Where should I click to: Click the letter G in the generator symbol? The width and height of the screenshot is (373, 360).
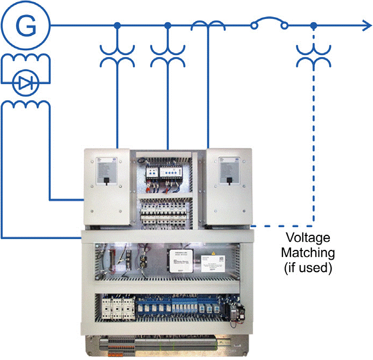[x=25, y=25]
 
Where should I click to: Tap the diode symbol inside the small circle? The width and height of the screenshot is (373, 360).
[x=25, y=83]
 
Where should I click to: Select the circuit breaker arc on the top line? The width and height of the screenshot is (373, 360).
[x=268, y=21]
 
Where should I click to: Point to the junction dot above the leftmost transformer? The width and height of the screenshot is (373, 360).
[x=117, y=25]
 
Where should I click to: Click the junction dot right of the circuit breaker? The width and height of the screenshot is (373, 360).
[x=314, y=25]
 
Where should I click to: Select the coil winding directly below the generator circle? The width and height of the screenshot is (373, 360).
[x=25, y=59]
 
